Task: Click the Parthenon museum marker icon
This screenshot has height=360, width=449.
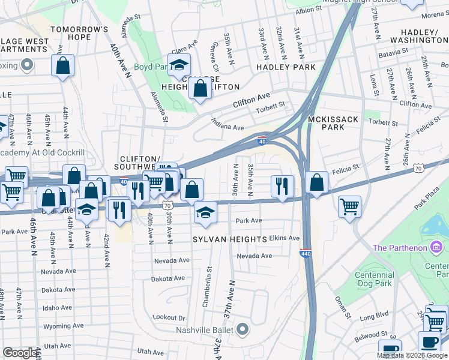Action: pos(437,247)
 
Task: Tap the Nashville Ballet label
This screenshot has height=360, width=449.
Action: pos(208,329)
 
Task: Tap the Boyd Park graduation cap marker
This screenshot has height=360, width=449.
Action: pos(179,65)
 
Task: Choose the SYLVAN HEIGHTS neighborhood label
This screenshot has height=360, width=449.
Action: pos(229,239)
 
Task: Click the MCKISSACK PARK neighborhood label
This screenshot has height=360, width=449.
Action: pos(333,123)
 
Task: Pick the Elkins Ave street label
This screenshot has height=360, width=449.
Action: pos(284,238)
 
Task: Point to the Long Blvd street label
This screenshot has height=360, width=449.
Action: pos(374,314)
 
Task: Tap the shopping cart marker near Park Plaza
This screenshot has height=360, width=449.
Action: pos(349,206)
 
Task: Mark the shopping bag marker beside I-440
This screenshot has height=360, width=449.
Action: pos(316,182)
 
